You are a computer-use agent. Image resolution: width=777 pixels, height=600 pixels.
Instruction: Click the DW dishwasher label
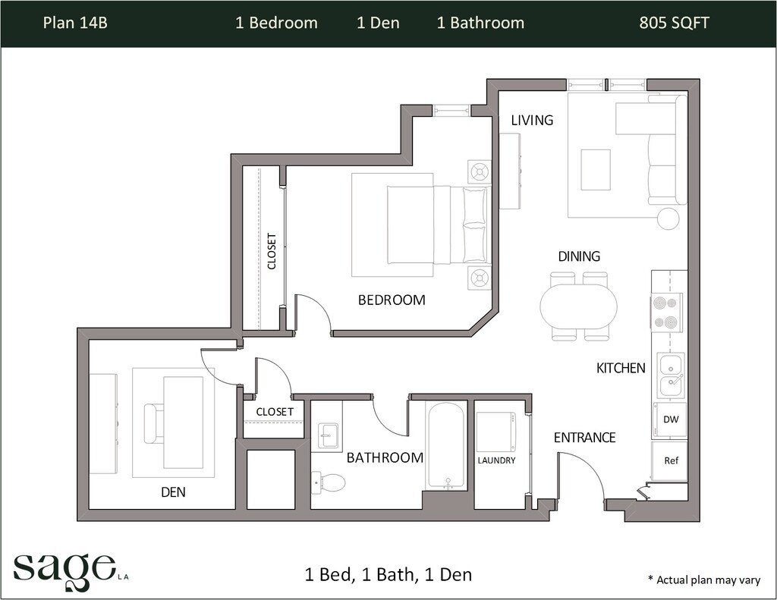(671, 419)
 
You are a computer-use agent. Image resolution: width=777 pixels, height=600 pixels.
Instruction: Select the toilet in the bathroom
(329, 482)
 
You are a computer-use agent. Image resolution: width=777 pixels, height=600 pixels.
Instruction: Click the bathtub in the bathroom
(446, 446)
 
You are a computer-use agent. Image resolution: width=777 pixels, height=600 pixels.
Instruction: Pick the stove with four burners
(667, 313)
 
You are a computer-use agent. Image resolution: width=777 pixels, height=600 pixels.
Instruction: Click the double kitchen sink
(672, 375)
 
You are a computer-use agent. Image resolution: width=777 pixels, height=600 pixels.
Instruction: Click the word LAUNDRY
(496, 460)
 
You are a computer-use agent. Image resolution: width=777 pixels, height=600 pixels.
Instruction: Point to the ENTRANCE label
(585, 438)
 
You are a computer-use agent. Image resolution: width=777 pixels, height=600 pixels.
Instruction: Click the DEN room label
(174, 492)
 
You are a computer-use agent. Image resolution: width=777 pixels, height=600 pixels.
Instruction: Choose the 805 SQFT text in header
(674, 23)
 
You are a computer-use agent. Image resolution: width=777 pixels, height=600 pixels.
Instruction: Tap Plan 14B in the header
(75, 23)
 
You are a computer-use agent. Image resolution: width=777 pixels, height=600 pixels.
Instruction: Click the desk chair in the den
(153, 423)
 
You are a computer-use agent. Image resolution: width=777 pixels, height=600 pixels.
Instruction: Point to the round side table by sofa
(668, 218)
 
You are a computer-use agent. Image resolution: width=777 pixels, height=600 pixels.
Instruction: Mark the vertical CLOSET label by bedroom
(272, 251)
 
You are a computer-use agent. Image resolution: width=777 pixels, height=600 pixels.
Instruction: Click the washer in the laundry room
(496, 431)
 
